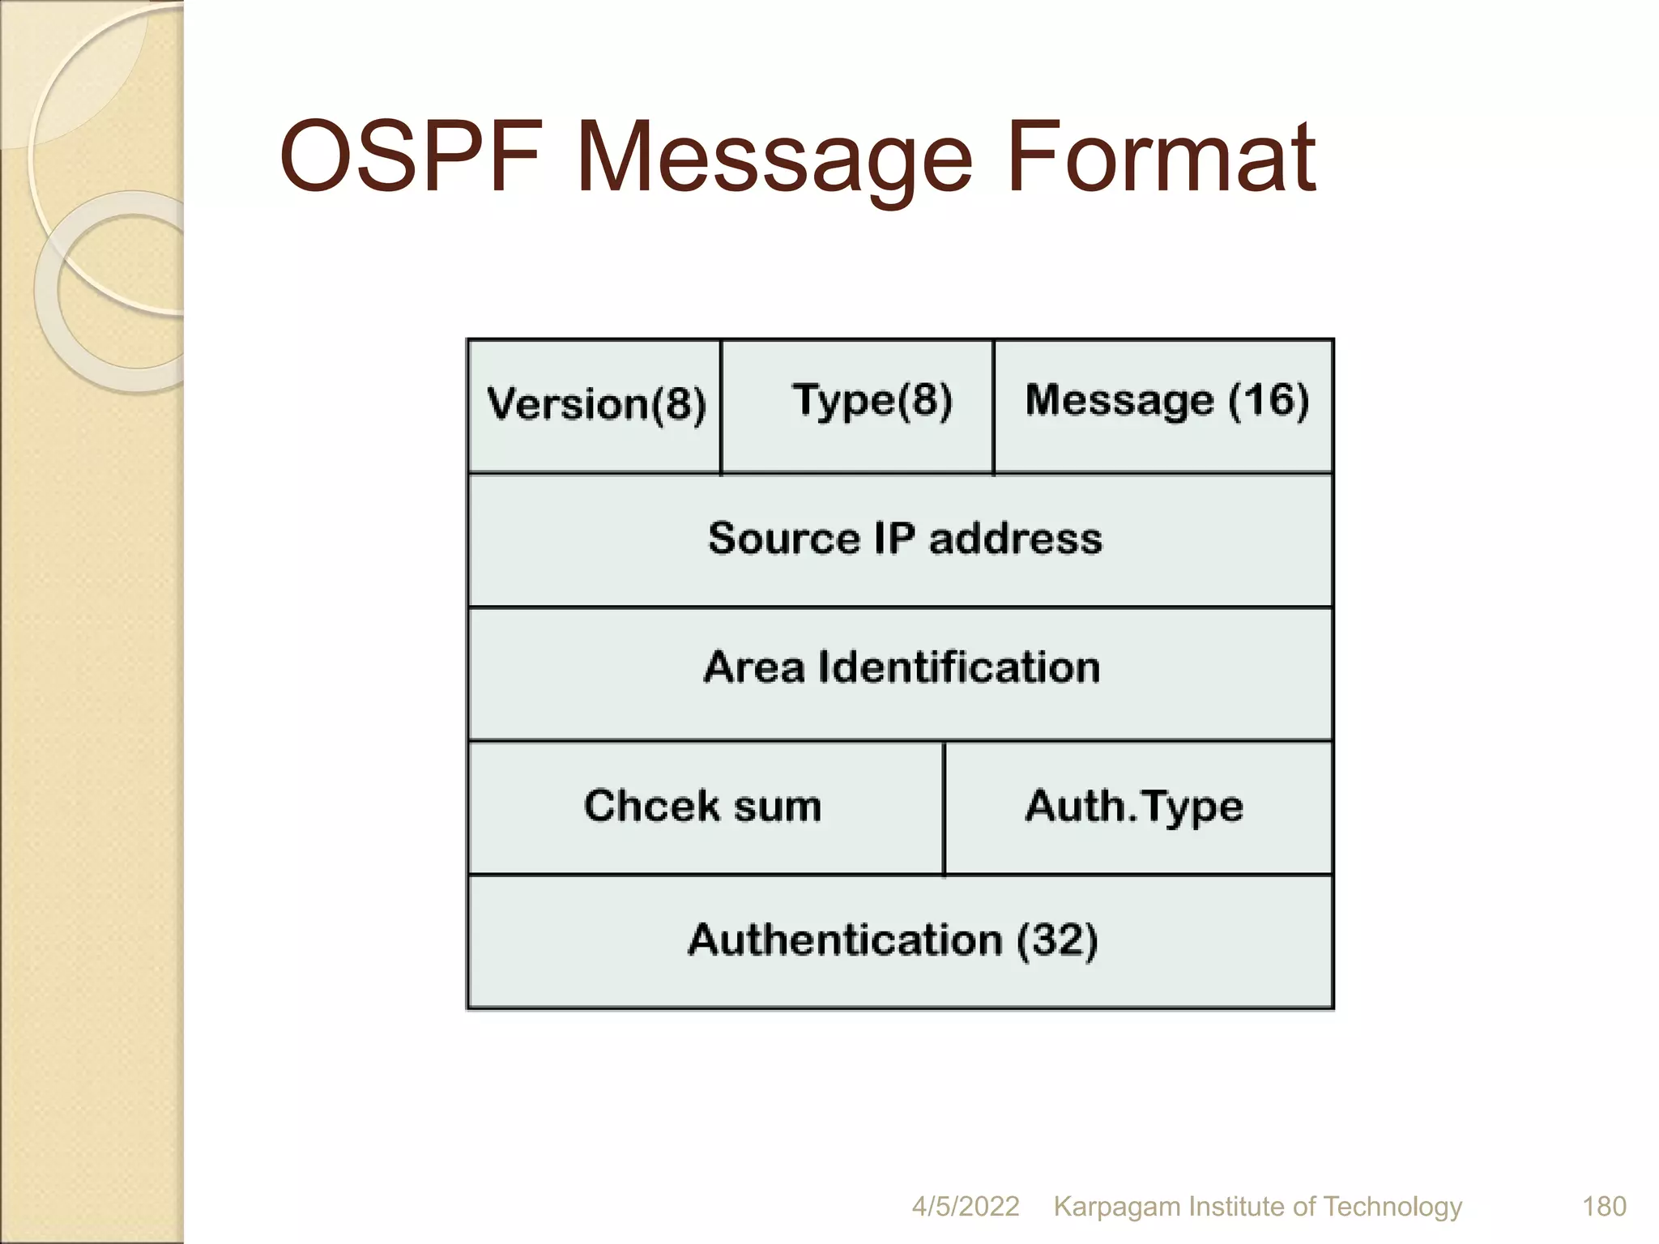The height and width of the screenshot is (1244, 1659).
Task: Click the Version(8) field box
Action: [x=595, y=406]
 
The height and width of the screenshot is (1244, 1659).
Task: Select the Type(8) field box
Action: [x=857, y=406]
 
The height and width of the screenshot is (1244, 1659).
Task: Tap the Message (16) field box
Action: [x=1163, y=406]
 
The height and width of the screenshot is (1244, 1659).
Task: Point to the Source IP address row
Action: [x=901, y=540]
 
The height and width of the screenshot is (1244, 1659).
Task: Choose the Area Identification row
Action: [x=901, y=672]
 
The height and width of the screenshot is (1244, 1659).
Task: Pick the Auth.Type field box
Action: [x=1137, y=807]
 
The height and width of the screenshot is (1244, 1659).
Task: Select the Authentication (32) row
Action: [x=901, y=941]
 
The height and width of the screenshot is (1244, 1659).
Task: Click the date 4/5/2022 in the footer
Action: [x=965, y=1206]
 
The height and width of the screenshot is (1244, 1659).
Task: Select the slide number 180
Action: [x=1604, y=1206]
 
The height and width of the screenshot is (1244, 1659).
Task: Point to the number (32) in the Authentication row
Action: [x=1056, y=940]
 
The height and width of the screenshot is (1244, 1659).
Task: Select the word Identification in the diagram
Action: [x=958, y=667]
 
